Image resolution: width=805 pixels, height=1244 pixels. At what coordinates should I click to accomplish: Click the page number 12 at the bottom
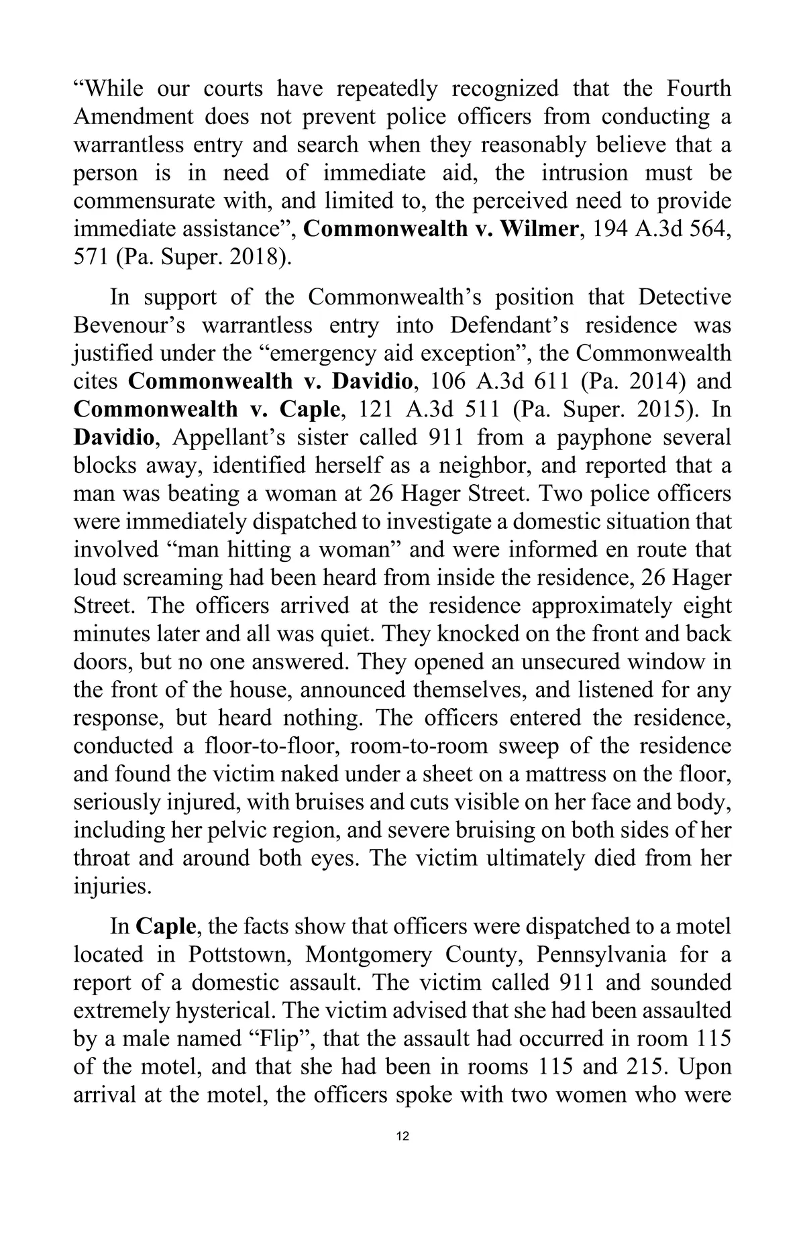(402, 1136)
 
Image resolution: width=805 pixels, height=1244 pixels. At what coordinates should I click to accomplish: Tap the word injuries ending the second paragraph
(111, 887)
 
